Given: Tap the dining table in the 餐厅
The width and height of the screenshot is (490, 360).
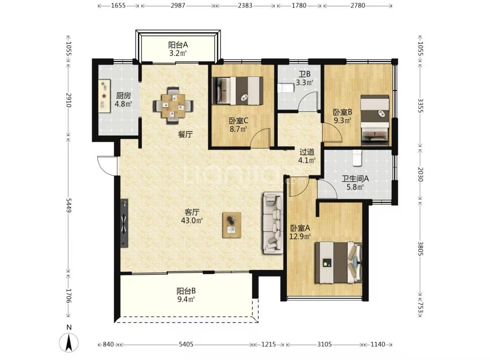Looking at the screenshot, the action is click(173, 106).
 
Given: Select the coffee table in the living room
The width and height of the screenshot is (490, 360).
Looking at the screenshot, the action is click(232, 225).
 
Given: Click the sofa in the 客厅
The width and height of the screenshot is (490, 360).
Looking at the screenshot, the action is click(273, 223).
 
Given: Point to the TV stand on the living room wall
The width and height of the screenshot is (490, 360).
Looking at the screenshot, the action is click(124, 223).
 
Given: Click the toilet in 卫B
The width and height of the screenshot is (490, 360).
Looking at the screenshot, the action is click(285, 88).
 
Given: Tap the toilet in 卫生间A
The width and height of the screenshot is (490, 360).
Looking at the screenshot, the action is click(357, 158).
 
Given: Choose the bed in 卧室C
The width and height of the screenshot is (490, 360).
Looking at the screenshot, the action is click(238, 90).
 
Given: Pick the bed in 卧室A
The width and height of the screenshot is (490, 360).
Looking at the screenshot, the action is click(338, 262).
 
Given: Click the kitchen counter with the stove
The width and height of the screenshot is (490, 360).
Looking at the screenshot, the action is click(104, 96).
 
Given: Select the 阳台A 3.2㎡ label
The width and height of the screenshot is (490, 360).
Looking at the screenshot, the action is click(178, 49).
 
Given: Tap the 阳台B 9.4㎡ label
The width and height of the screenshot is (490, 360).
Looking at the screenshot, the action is click(186, 295).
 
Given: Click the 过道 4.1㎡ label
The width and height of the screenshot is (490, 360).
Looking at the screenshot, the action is click(307, 156).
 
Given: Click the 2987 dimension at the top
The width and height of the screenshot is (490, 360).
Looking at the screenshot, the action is click(178, 6).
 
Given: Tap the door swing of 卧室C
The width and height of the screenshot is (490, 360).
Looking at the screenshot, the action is click(260, 138).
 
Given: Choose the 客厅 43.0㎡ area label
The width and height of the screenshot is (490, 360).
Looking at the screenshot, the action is click(192, 216).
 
